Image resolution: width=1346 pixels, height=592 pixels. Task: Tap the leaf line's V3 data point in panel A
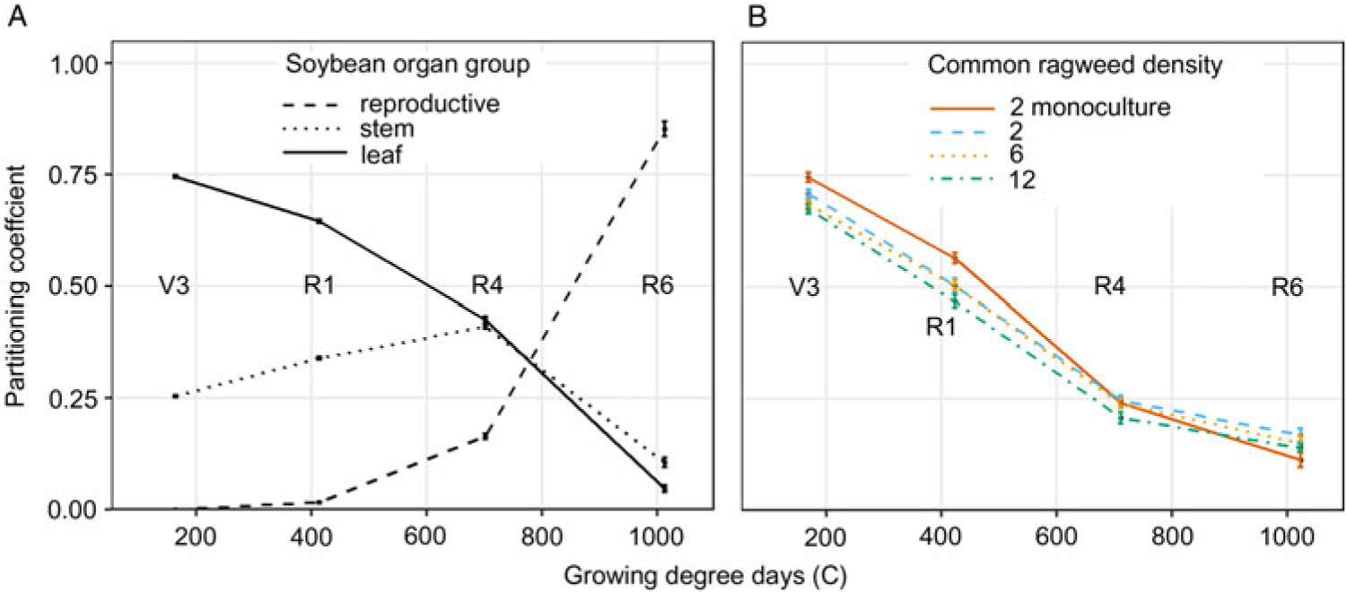point(176,177)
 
